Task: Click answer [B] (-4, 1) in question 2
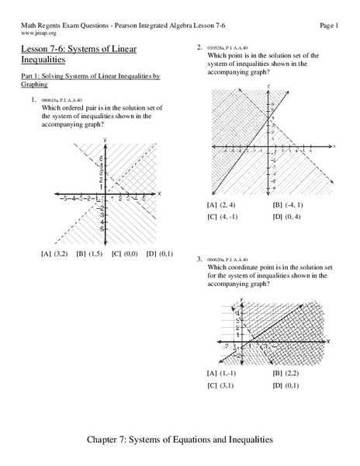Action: tap(289, 204)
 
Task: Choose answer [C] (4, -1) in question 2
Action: tap(223, 217)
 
